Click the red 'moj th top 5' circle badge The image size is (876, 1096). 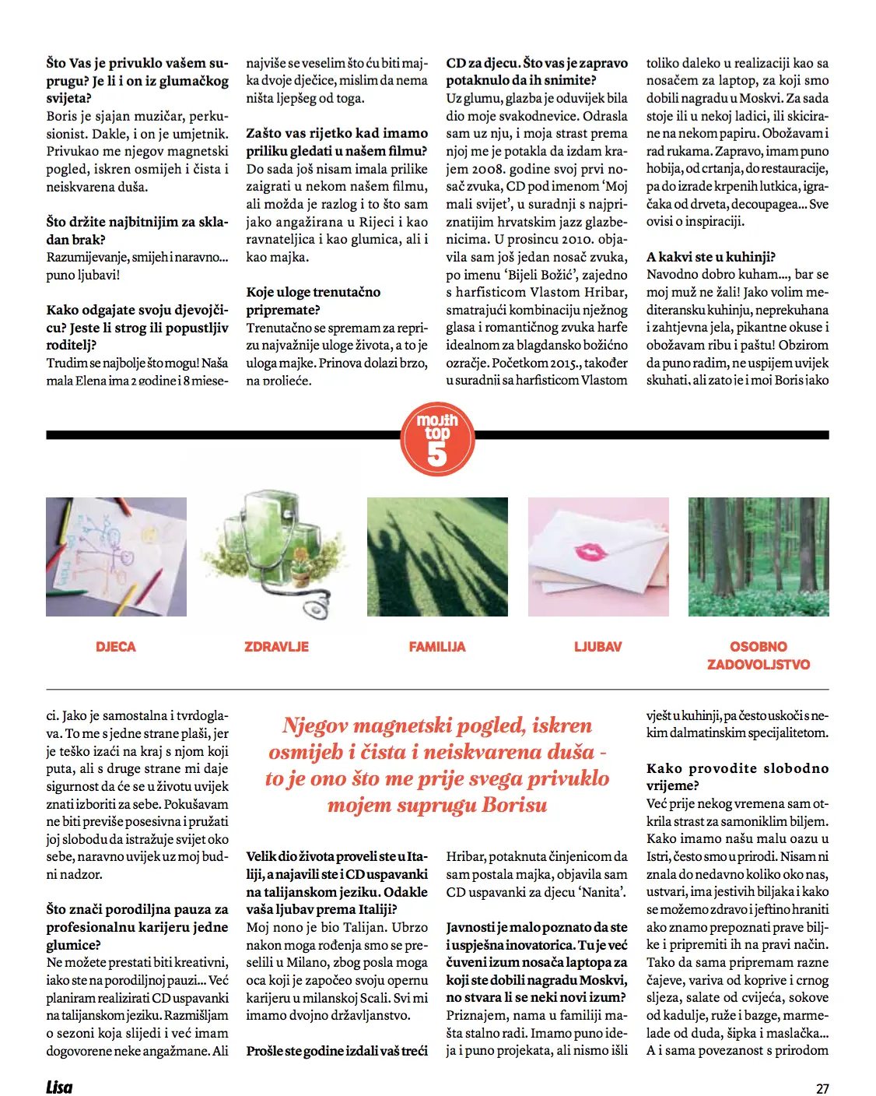pos(437,439)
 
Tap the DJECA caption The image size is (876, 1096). pos(116,647)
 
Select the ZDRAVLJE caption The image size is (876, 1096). pos(276,647)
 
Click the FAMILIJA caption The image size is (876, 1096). pos(437,647)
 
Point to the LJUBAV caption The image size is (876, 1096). pos(597,647)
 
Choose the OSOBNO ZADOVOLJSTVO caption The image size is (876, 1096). pos(759,655)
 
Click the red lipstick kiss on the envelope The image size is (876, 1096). pos(592,552)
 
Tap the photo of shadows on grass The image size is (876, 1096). pos(437,557)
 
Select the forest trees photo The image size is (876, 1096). pos(759,557)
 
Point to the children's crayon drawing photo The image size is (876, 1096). pos(116,557)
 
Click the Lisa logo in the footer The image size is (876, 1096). pos(59,1087)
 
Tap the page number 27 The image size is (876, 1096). pos(822,1089)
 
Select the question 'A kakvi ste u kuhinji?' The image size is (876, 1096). pos(711,257)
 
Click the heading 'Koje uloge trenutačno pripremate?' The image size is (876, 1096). pos(313,300)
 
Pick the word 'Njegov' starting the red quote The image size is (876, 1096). pos(314,726)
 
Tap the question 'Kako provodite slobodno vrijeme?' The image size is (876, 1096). pos(737,777)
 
